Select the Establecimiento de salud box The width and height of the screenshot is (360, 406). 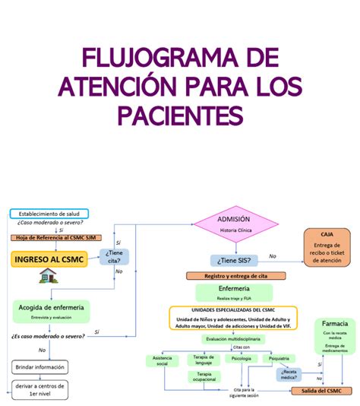(x=49, y=214)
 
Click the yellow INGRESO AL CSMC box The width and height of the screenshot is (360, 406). (x=48, y=259)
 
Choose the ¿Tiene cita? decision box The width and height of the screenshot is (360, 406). (x=115, y=257)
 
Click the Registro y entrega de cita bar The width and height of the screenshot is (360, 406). (x=235, y=276)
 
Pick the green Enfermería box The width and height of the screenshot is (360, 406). (x=234, y=293)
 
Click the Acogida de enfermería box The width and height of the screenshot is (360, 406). (x=50, y=309)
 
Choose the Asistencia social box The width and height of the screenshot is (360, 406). (x=162, y=360)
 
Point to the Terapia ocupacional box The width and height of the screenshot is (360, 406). (x=204, y=377)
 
